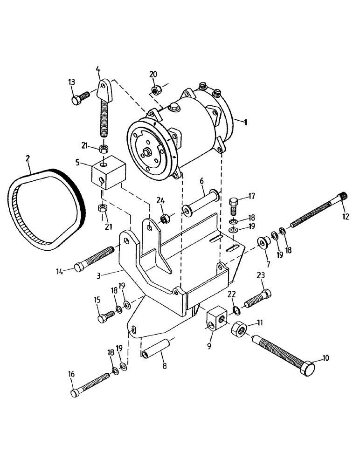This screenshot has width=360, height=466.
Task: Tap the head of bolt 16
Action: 75,393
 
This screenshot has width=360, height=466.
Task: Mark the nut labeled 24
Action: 164,218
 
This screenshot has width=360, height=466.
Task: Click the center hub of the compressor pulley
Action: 147,151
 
